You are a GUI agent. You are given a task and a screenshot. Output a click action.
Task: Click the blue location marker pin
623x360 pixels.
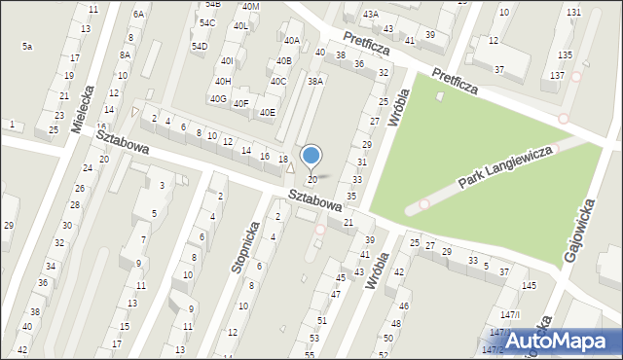[x=311, y=157]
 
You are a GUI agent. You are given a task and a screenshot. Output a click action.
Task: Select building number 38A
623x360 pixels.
[x=315, y=82]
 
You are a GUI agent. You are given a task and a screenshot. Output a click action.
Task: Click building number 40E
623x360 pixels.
[x=267, y=113]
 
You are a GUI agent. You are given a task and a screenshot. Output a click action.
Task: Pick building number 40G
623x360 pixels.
[x=218, y=99]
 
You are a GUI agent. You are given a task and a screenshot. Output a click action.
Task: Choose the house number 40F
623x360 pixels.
[x=241, y=104]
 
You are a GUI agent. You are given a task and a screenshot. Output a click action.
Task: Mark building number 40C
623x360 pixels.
[x=278, y=81]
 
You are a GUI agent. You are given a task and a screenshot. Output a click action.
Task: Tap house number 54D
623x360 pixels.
[x=200, y=46]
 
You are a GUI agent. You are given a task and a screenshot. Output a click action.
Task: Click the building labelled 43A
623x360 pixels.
[x=370, y=15]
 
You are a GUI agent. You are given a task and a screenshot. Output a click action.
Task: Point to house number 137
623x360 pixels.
[x=557, y=76]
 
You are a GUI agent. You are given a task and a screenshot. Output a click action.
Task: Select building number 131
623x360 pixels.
[x=574, y=12]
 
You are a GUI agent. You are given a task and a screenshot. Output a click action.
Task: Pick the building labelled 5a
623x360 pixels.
[x=27, y=46]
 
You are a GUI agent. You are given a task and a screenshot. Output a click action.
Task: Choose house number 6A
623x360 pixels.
[x=138, y=14]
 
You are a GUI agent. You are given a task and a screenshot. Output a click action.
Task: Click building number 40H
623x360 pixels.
[x=223, y=81]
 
